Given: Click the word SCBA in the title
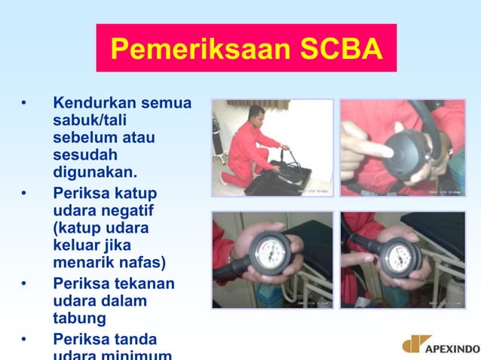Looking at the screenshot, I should (x=341, y=50).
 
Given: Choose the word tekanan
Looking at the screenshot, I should (x=142, y=283).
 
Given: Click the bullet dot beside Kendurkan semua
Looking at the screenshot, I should (x=25, y=103).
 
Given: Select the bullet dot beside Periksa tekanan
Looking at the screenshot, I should (x=25, y=284).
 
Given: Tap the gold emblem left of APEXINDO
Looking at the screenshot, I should (x=415, y=345).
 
